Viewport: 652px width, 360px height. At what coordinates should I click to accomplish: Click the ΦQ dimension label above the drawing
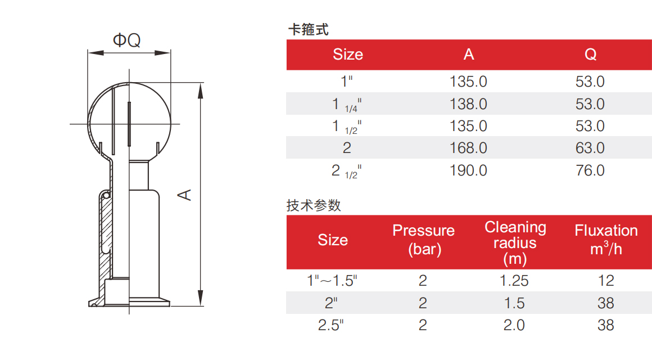pyautogui.click(x=127, y=40)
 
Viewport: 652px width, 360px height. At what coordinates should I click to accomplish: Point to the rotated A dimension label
pyautogui.click(x=185, y=195)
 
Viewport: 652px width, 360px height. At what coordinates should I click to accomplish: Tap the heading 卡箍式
pyautogui.click(x=308, y=30)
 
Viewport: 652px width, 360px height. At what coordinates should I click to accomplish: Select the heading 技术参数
pyautogui.click(x=314, y=205)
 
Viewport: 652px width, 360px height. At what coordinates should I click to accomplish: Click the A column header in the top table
pyautogui.click(x=469, y=55)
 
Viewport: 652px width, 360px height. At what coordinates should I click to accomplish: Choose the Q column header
pyautogui.click(x=591, y=55)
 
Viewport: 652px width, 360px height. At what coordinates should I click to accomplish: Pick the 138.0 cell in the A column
pyautogui.click(x=468, y=104)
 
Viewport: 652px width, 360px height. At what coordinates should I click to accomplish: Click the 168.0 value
pyautogui.click(x=468, y=148)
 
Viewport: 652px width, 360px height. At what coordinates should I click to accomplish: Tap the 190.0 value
pyautogui.click(x=468, y=170)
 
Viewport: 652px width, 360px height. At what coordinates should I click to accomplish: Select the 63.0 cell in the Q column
pyautogui.click(x=590, y=148)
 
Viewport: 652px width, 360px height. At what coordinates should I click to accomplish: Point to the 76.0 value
pyautogui.click(x=590, y=170)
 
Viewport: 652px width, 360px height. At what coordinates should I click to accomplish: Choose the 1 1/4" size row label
pyautogui.click(x=346, y=105)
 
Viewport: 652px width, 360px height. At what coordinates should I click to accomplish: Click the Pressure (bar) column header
pyautogui.click(x=424, y=240)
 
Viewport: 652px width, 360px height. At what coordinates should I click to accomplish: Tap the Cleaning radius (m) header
pyautogui.click(x=515, y=243)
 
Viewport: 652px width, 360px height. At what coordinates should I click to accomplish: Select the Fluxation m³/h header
pyautogui.click(x=606, y=240)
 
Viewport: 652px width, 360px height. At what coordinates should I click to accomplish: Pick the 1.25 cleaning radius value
pyautogui.click(x=514, y=281)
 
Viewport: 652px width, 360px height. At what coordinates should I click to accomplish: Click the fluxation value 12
pyautogui.click(x=606, y=281)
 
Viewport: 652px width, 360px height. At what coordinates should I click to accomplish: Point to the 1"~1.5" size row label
pyautogui.click(x=332, y=281)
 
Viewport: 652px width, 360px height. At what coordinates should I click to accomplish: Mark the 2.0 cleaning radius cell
pyautogui.click(x=514, y=326)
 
